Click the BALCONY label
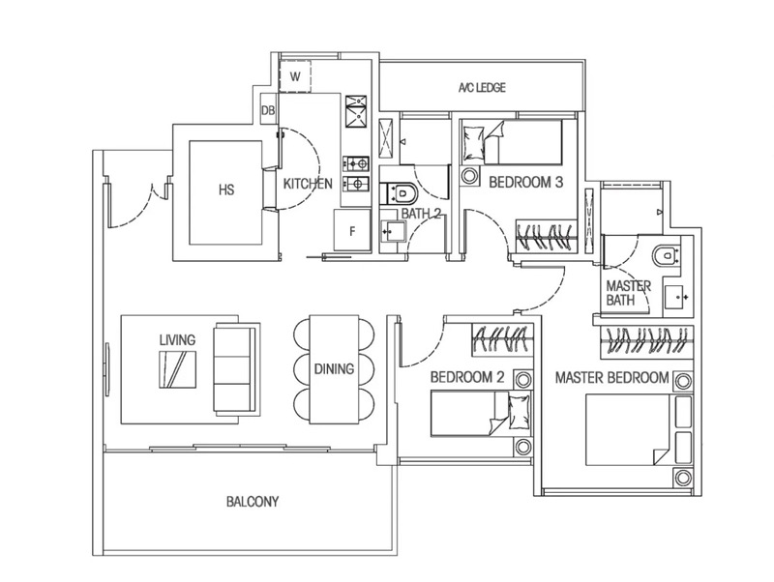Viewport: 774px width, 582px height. tap(253, 502)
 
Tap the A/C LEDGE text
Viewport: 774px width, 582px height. tap(482, 88)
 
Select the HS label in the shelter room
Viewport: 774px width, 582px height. tap(226, 189)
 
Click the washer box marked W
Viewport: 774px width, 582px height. tap(295, 75)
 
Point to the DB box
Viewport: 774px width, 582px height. tap(269, 112)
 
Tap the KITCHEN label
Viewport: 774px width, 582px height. tap(308, 184)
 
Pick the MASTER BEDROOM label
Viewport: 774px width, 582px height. tap(611, 377)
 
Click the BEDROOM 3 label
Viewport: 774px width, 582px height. tap(525, 182)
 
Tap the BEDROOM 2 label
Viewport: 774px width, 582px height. tap(466, 377)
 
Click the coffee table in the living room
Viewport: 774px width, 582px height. tap(179, 368)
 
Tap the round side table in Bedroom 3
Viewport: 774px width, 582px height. tap(471, 177)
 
